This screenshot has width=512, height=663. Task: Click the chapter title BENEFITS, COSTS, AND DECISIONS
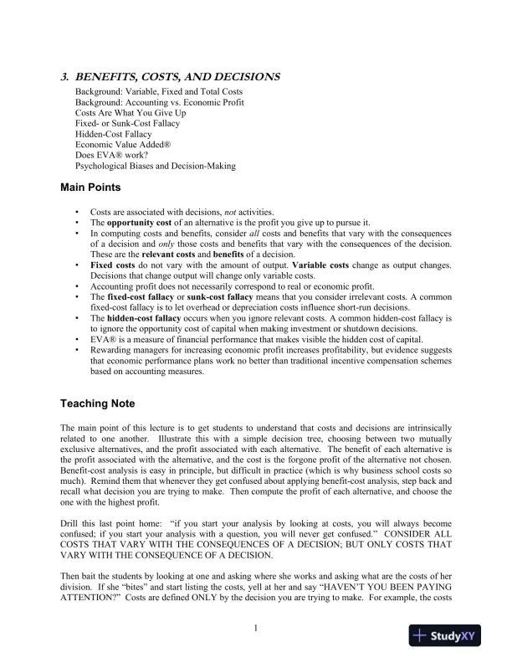[x=177, y=77]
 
